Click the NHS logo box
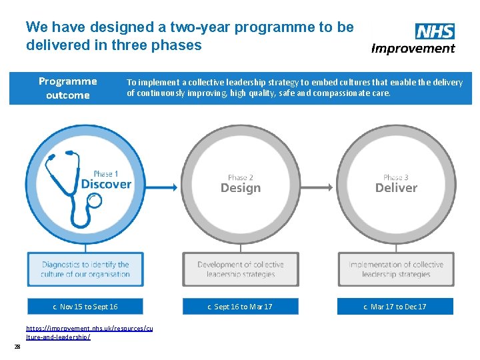coord(435,31)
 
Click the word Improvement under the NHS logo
coord(413,48)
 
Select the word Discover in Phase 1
coord(106,184)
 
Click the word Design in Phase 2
coord(241,188)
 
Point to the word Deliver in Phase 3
coord(396,188)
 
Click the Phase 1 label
coord(106,173)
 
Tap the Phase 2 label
coord(241,177)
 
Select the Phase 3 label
coord(396,177)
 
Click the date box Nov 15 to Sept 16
coord(85,307)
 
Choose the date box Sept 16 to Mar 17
coord(240,307)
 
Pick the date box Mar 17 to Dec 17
coord(395,307)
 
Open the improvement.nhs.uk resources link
coord(89,333)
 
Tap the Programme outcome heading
coord(67,88)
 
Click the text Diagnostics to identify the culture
coord(85,269)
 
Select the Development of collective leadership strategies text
coord(241,269)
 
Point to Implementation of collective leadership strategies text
coord(396,269)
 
